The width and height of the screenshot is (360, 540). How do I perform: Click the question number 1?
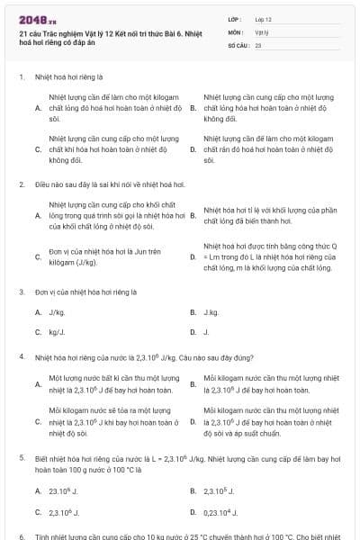click(21, 76)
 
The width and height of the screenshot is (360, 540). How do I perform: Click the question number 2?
click(21, 184)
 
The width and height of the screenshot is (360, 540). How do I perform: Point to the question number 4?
click(21, 356)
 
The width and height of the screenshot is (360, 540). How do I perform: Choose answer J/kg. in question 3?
click(57, 312)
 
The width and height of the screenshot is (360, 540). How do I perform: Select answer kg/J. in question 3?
click(57, 332)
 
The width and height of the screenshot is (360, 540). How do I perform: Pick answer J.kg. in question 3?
click(211, 312)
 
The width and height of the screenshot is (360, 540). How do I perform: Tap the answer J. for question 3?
click(206, 332)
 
